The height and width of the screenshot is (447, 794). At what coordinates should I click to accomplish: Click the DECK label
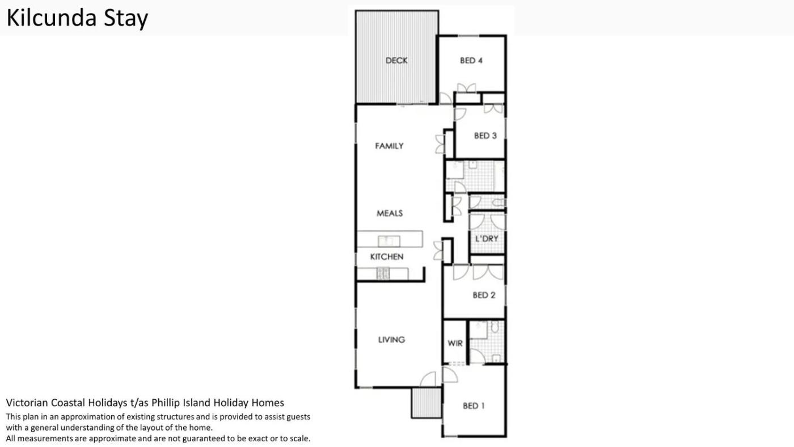(396, 61)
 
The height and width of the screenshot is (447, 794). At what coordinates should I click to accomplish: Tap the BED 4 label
(471, 61)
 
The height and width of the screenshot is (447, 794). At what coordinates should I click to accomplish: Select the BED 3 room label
(485, 136)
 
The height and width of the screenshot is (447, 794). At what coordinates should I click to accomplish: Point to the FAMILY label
(389, 146)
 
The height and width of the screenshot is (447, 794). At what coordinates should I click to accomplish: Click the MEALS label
(390, 213)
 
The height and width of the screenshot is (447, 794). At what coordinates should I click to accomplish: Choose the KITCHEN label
(387, 256)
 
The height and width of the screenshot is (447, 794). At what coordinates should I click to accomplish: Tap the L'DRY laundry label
(487, 239)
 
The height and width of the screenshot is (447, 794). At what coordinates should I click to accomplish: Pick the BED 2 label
(484, 295)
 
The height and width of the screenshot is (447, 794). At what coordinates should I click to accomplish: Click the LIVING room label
(391, 340)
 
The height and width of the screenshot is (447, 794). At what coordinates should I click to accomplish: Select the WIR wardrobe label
(455, 343)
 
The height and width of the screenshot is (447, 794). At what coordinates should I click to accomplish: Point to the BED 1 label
(474, 406)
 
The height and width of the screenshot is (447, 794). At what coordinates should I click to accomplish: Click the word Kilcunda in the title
(52, 18)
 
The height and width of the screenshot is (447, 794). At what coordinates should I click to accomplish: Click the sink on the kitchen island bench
(389, 241)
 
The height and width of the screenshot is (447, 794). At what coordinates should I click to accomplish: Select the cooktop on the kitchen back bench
(383, 273)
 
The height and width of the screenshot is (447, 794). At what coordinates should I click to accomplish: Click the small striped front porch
(426, 403)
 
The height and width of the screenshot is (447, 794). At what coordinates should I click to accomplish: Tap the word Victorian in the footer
(27, 403)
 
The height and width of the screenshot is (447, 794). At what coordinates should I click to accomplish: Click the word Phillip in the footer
(164, 403)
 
